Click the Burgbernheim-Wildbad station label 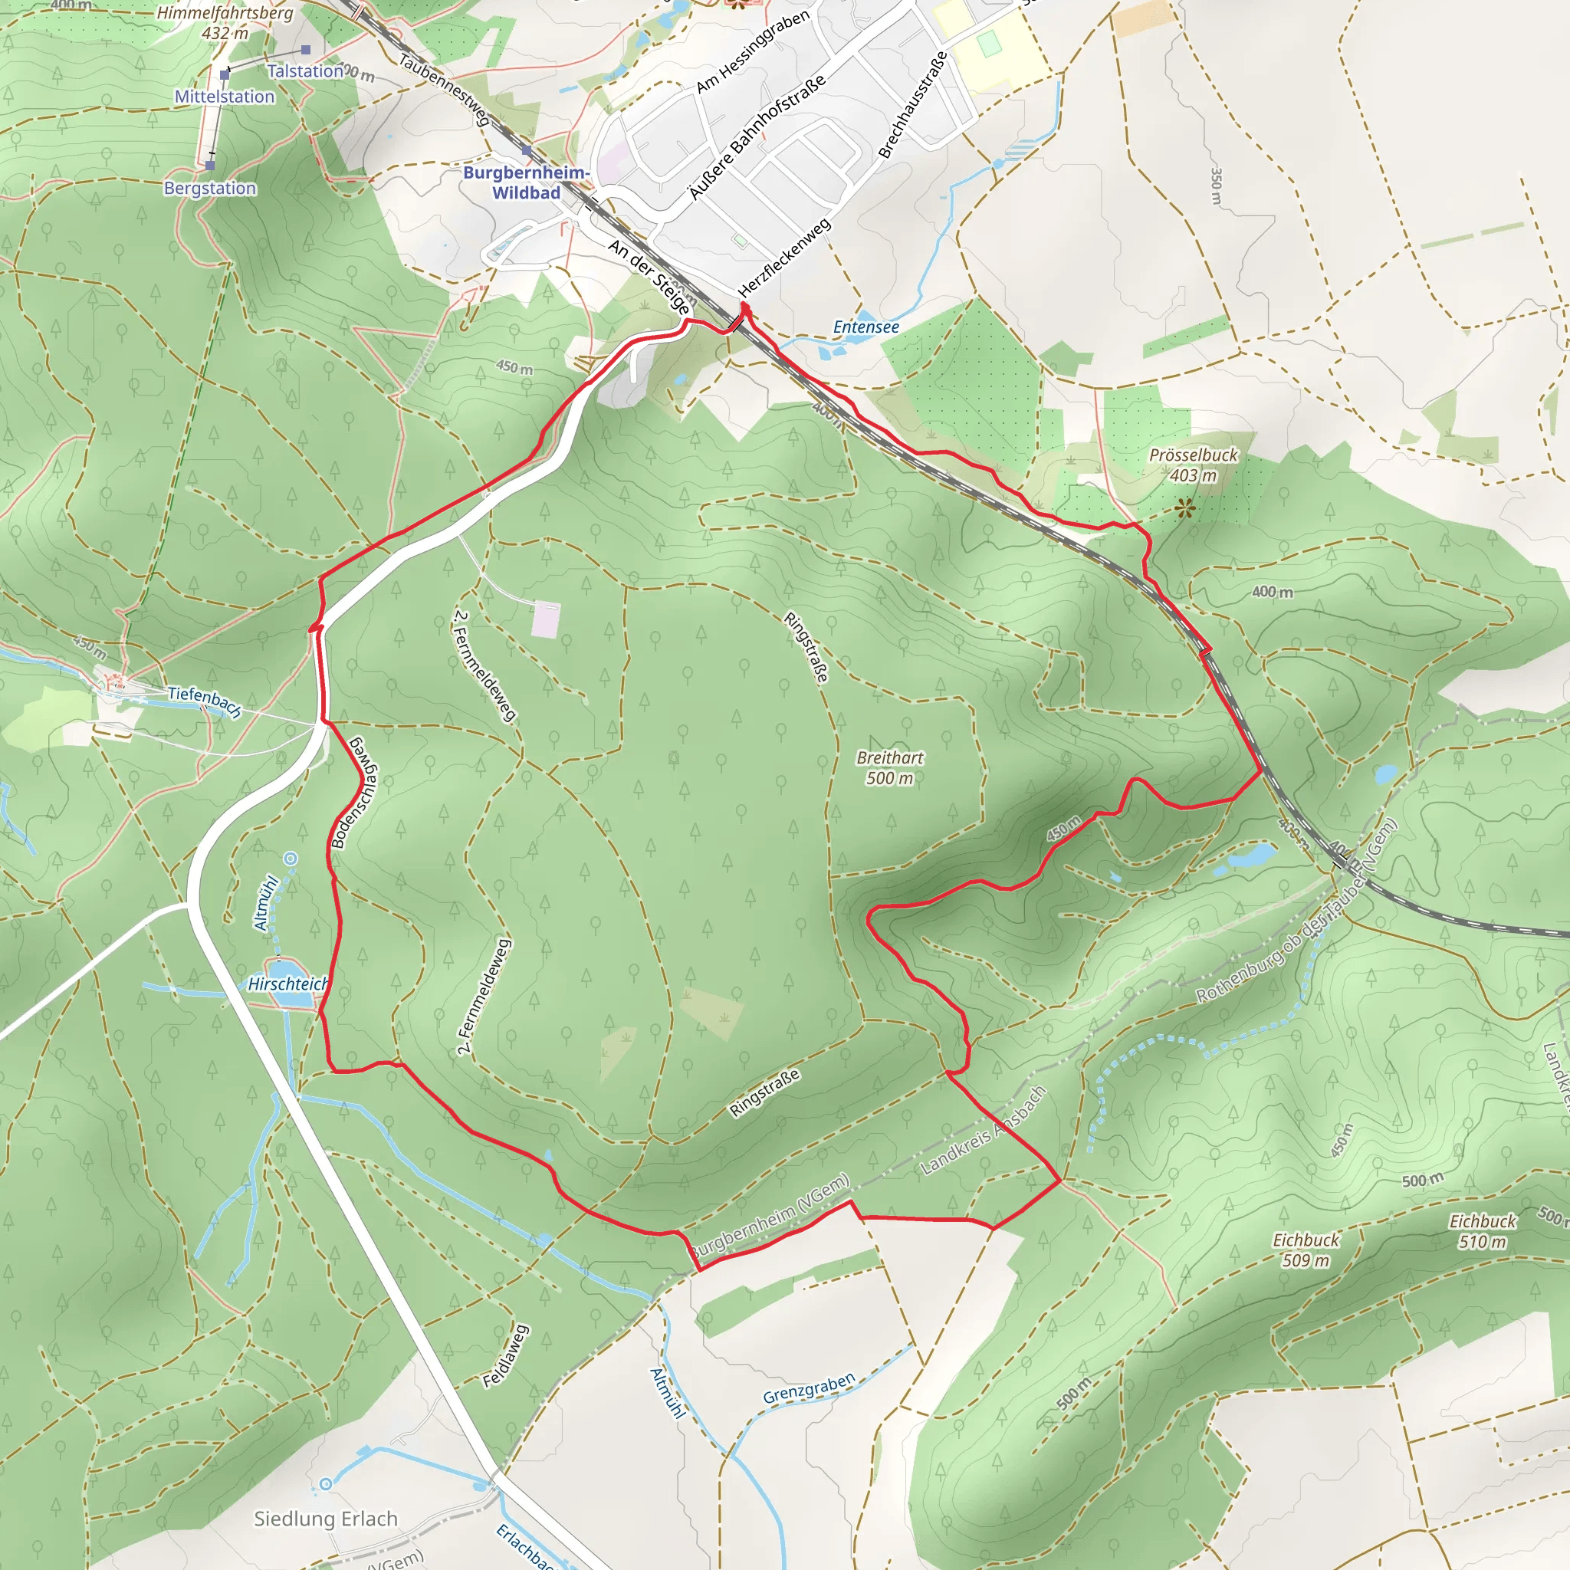pyautogui.click(x=526, y=183)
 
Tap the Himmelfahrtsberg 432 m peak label pyautogui.click(x=225, y=23)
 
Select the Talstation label pyautogui.click(x=306, y=71)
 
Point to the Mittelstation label pyautogui.click(x=225, y=97)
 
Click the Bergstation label pyautogui.click(x=209, y=189)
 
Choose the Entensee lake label pyautogui.click(x=866, y=327)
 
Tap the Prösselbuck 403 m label pyautogui.click(x=1193, y=465)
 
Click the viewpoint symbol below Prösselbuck pyautogui.click(x=1185, y=509)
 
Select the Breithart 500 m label pyautogui.click(x=890, y=768)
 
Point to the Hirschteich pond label pyautogui.click(x=287, y=984)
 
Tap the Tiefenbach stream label pyautogui.click(x=205, y=701)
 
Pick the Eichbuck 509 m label pyautogui.click(x=1306, y=1250)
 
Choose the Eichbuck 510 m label pyautogui.click(x=1483, y=1231)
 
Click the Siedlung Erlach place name pyautogui.click(x=326, y=1519)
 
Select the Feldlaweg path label pyautogui.click(x=505, y=1356)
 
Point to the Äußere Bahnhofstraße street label pyautogui.click(x=757, y=136)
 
